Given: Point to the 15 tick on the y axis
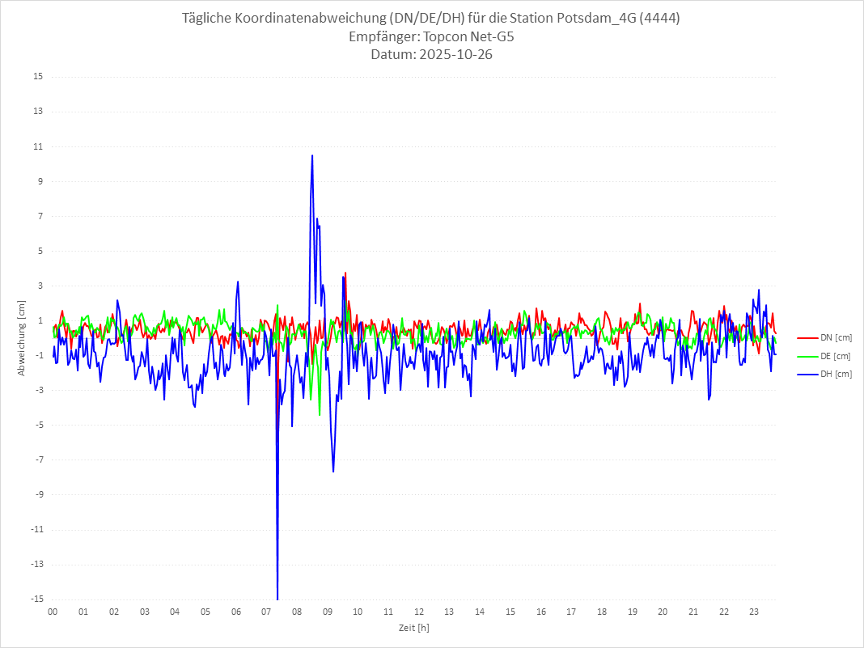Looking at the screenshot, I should pyautogui.click(x=38, y=77).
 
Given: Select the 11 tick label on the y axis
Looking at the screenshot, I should pyautogui.click(x=38, y=146).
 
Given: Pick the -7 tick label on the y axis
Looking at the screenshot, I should pyautogui.click(x=38, y=460).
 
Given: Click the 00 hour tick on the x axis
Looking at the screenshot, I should pyautogui.click(x=53, y=612).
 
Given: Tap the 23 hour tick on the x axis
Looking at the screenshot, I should pyautogui.click(x=754, y=612).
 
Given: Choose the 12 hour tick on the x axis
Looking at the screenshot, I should pyautogui.click(x=419, y=612).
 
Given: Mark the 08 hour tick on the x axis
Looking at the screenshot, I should pyautogui.click(x=297, y=612).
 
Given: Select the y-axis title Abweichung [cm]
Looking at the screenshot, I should pyautogui.click(x=22, y=337).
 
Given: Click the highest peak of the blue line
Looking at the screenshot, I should pyautogui.click(x=312, y=155).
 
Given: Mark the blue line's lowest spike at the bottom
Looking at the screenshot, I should pyautogui.click(x=277, y=598).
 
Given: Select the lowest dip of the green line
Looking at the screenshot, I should pyautogui.click(x=320, y=415).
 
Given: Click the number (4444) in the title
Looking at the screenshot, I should pyautogui.click(x=661, y=19).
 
